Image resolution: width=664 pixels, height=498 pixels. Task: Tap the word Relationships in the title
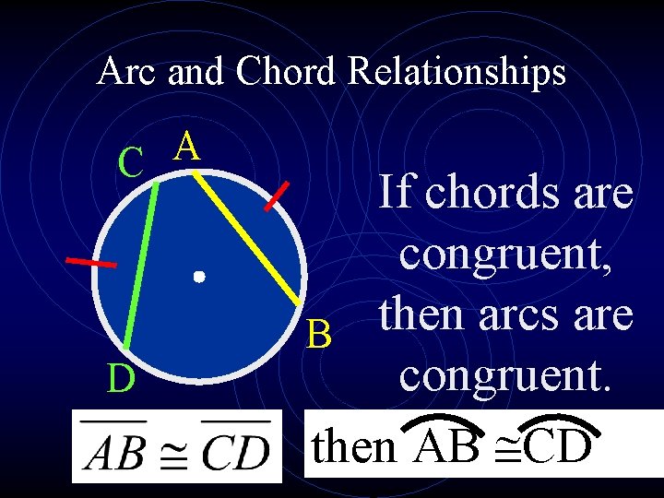click(456, 71)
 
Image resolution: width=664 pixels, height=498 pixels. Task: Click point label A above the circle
click(187, 146)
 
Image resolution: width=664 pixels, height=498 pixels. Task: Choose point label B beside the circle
click(319, 336)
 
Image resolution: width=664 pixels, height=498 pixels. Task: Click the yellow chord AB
click(245, 238)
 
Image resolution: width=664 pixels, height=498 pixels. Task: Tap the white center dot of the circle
click(198, 276)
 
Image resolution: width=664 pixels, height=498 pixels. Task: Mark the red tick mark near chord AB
click(278, 196)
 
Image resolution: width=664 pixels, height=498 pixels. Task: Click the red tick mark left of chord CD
click(91, 263)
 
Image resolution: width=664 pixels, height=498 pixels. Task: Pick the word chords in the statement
click(493, 194)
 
